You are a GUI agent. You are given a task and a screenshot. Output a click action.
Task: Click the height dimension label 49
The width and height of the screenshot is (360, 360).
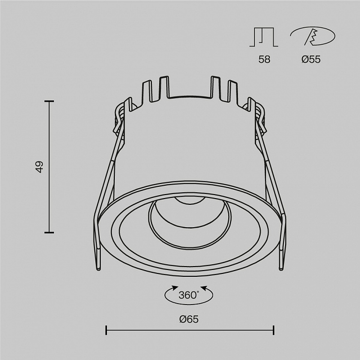pyautogui.click(x=39, y=167)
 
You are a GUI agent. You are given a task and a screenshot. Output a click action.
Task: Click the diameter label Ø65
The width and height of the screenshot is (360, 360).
pyautogui.click(x=189, y=319)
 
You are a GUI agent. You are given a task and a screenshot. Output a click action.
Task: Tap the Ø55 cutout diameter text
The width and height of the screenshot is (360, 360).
pyautogui.click(x=311, y=59)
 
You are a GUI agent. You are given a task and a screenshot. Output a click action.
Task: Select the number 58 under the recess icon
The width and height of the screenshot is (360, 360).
pyautogui.click(x=264, y=59)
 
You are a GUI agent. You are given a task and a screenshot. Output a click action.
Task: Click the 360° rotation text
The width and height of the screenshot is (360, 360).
pyautogui.click(x=189, y=295)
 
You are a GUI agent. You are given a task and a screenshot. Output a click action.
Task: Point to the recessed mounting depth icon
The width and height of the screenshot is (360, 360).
pyautogui.click(x=264, y=37)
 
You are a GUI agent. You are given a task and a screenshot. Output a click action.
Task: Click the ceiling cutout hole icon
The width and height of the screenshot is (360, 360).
pyautogui.click(x=312, y=36)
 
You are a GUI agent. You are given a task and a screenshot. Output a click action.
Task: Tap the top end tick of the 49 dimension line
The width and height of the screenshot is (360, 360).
pyautogui.click(x=49, y=101)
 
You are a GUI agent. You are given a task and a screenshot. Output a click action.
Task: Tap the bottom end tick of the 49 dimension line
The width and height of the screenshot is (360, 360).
pyautogui.click(x=49, y=233)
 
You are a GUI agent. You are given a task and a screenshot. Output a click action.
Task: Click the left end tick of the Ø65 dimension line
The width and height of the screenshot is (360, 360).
pyautogui.click(x=106, y=330)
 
